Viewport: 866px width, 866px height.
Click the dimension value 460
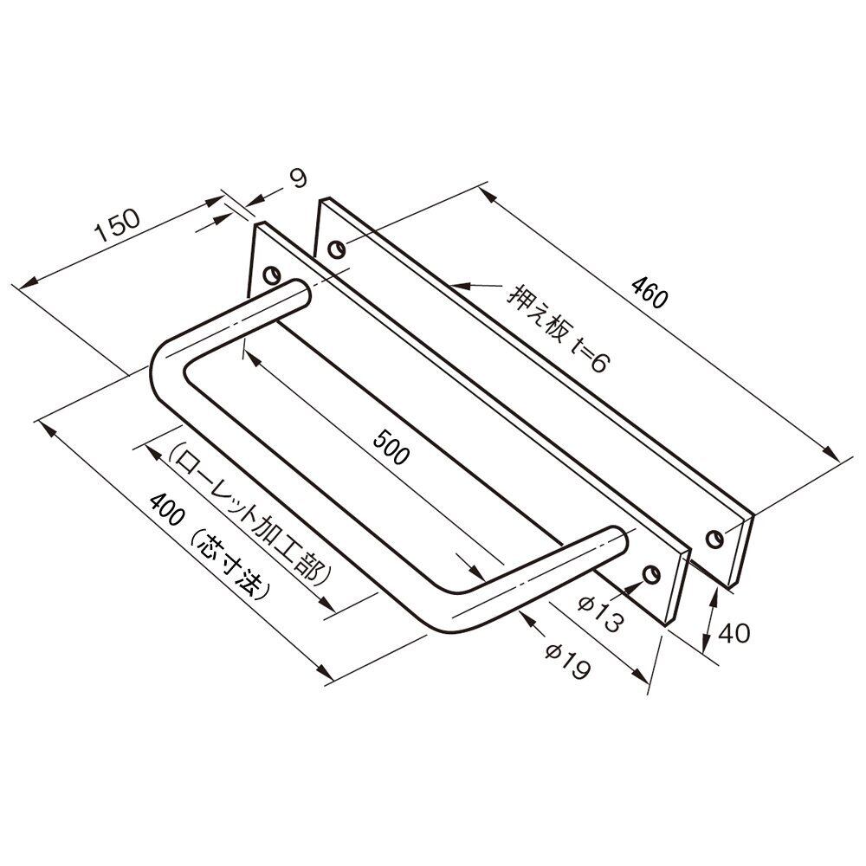tap(650, 292)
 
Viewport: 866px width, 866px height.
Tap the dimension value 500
tap(391, 447)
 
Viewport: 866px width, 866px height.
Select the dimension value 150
tap(118, 225)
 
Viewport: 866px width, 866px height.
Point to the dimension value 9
tap(298, 179)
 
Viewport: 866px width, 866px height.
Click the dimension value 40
tap(734, 633)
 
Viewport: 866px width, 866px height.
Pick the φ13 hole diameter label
tap(601, 613)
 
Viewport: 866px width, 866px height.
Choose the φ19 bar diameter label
tap(568, 661)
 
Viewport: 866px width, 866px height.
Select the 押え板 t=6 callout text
tap(557, 328)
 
